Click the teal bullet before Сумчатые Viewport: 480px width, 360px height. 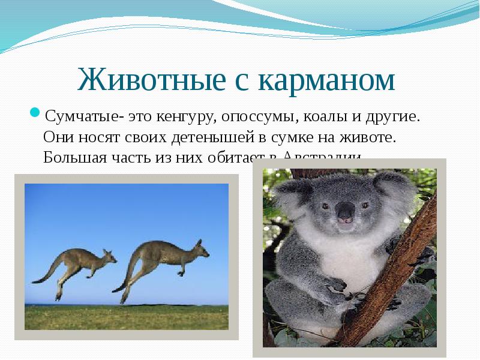(x=35, y=112)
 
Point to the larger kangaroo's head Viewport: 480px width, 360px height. (x=199, y=247)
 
